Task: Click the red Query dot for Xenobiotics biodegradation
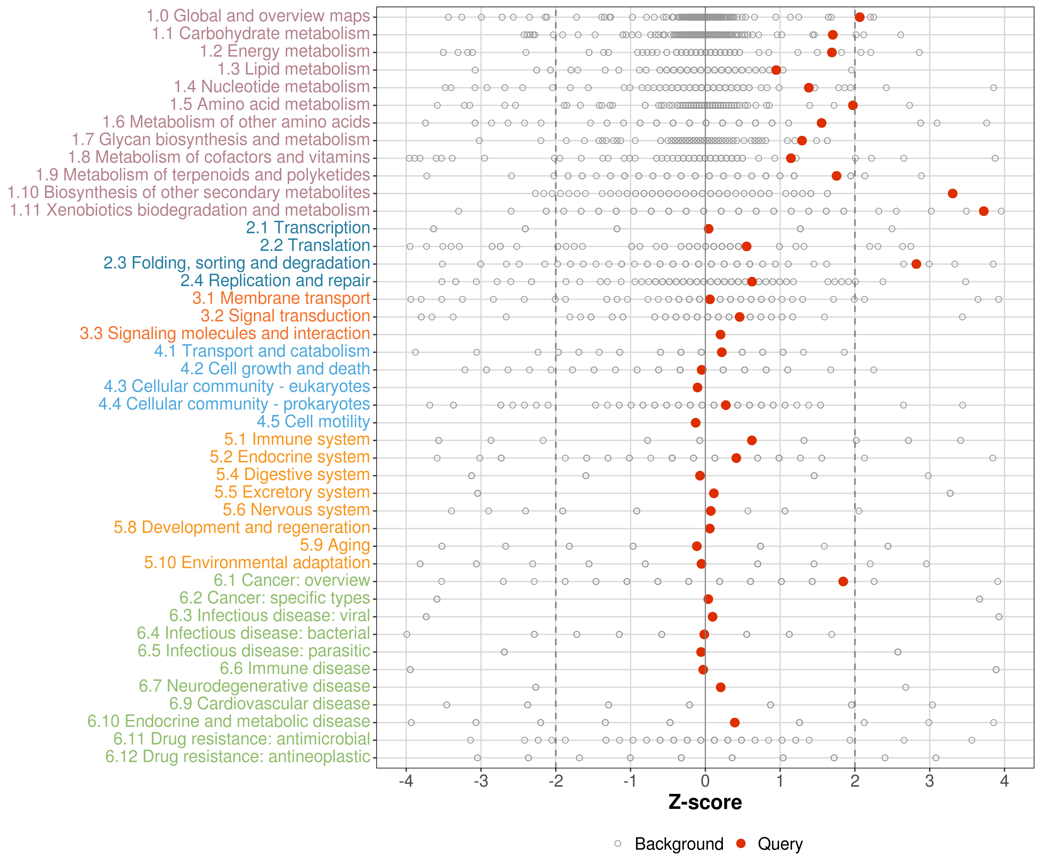(983, 211)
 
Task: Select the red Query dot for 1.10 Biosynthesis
(952, 193)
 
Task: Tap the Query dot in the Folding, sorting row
(916, 264)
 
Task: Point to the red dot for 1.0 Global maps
(860, 17)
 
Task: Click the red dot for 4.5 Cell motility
(695, 423)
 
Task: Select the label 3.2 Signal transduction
(285, 316)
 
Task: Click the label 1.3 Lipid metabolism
(294, 69)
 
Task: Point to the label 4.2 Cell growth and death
(275, 369)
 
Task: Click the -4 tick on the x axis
(406, 781)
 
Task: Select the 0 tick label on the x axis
(705, 781)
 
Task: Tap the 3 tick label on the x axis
(929, 781)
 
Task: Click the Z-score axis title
(705, 803)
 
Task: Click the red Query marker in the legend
(741, 843)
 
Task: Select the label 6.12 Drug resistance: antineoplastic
(237, 757)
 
